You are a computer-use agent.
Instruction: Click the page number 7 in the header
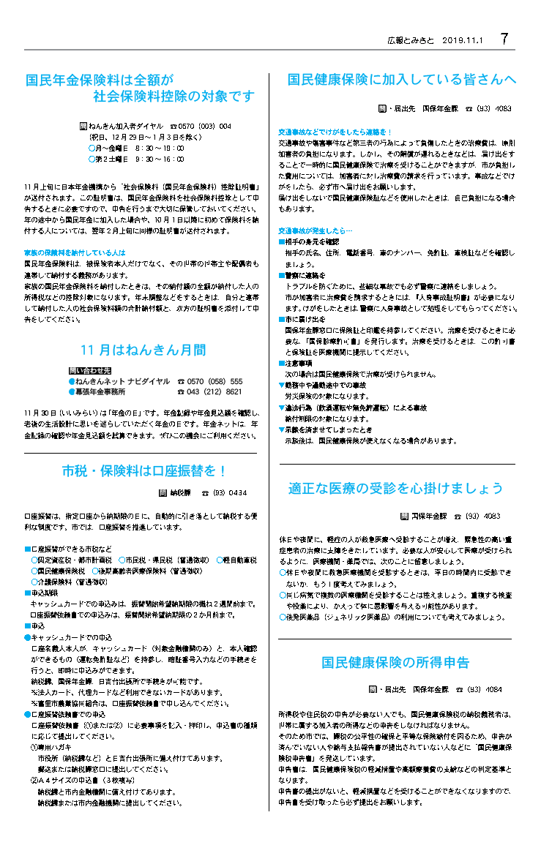click(504, 40)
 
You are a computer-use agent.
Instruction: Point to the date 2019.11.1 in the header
click(464, 41)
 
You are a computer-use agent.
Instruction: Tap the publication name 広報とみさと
click(412, 41)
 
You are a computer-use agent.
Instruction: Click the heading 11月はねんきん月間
click(143, 350)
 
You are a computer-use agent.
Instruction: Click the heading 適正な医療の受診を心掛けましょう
click(396, 488)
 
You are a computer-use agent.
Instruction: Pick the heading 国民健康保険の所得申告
click(395, 663)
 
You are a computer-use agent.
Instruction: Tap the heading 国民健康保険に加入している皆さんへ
click(402, 79)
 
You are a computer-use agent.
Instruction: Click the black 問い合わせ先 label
click(90, 371)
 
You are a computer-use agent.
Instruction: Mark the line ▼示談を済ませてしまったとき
click(327, 430)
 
